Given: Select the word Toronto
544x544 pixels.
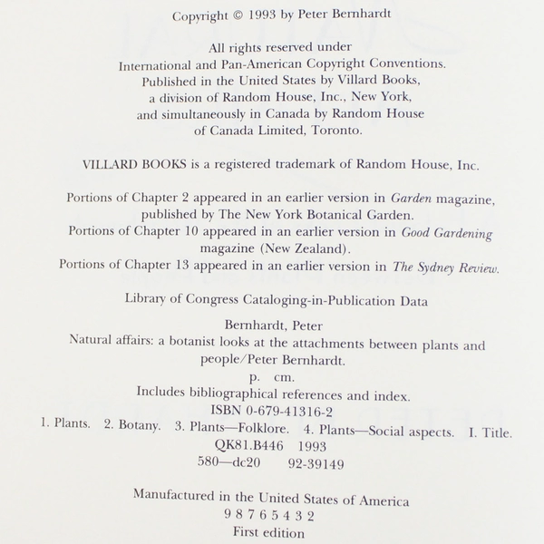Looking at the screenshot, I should pos(336,130).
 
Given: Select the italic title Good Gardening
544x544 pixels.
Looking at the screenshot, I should pos(449,233).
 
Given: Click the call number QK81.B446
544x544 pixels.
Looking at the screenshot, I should pos(229,447).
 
